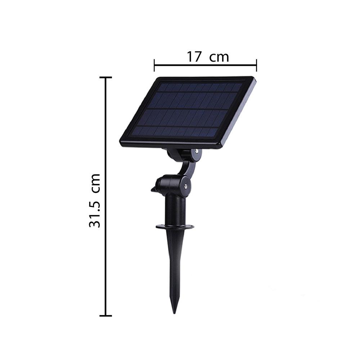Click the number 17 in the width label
pyautogui.click(x=194, y=57)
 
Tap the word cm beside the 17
pyautogui.click(x=219, y=57)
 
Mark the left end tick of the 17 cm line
pyautogui.click(x=154, y=66)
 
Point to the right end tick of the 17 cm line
pyautogui.click(x=256, y=66)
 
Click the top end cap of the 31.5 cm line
pyautogui.click(x=105, y=77)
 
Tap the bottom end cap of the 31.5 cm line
pyautogui.click(x=105, y=316)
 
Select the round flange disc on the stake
pyautogui.click(x=175, y=226)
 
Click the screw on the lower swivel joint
pyautogui.click(x=185, y=186)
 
